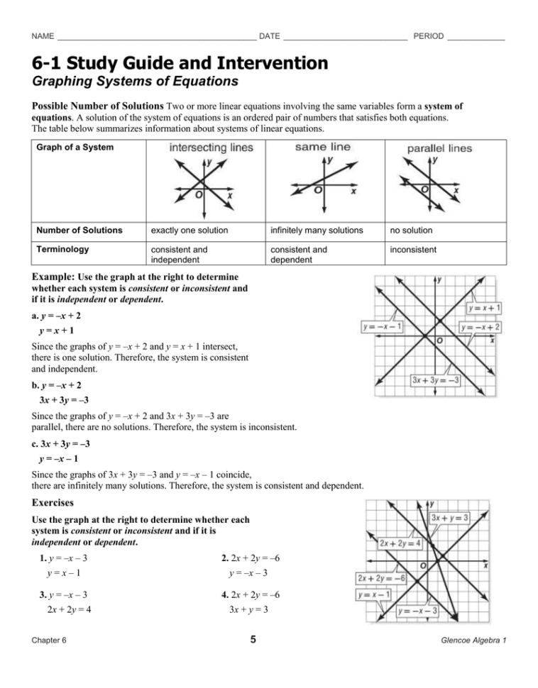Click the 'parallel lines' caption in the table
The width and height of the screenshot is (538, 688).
(x=439, y=148)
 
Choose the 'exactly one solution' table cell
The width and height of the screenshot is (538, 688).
(x=188, y=230)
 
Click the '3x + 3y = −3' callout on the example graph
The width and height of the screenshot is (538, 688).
(x=435, y=381)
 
